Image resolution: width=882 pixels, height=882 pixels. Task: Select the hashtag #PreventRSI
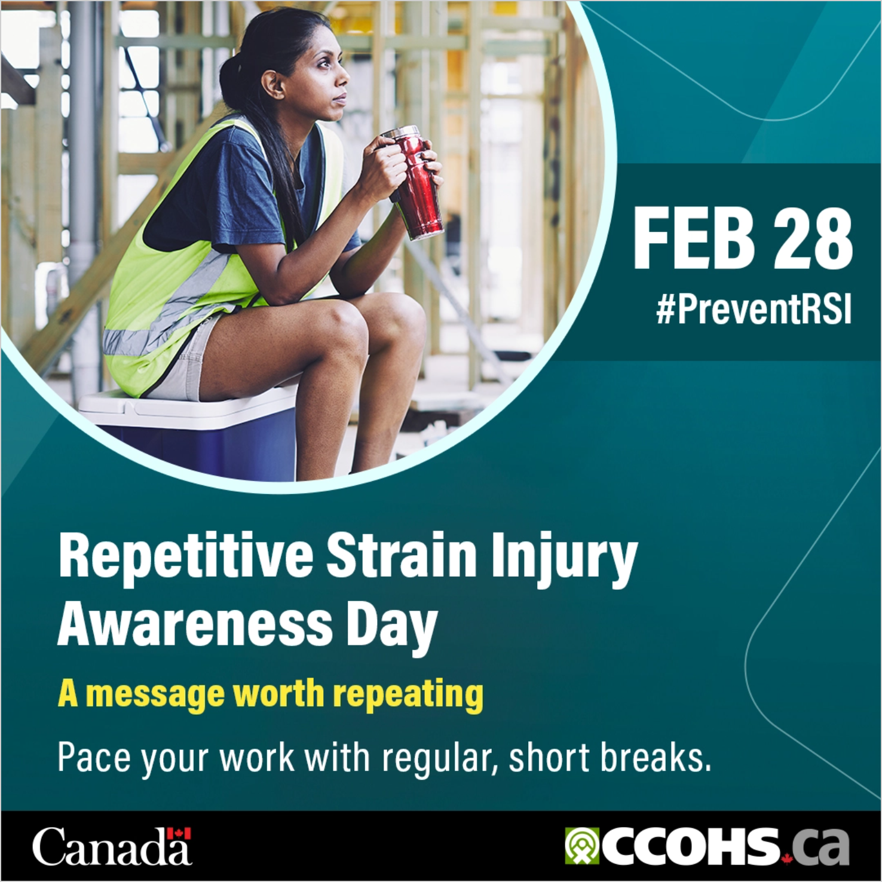(x=754, y=310)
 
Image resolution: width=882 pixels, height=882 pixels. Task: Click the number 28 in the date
(x=813, y=240)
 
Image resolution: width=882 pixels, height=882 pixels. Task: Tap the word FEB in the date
(x=694, y=240)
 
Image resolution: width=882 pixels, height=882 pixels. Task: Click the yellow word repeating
(x=408, y=695)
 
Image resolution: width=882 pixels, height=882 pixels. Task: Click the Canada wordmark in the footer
(x=112, y=847)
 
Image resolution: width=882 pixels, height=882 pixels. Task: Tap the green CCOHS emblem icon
(x=581, y=846)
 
